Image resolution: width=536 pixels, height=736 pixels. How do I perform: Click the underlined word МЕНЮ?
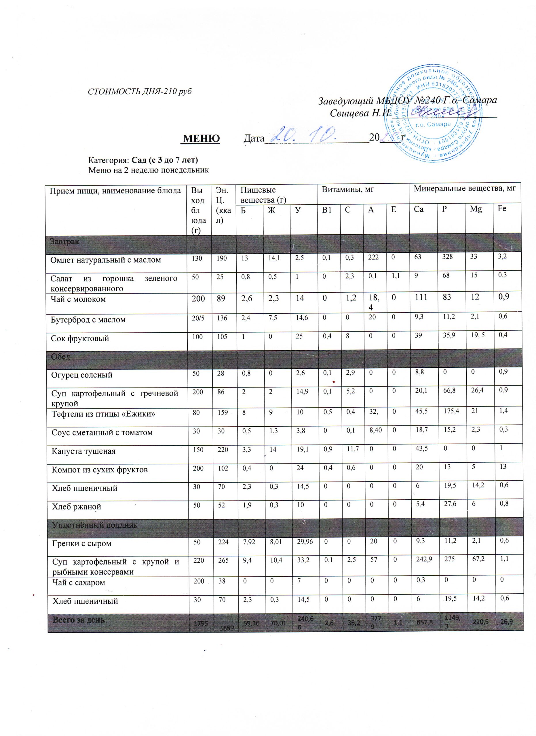202,139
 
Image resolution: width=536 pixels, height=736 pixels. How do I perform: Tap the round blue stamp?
432,114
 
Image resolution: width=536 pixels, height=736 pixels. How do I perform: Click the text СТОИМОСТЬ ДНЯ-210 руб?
140,91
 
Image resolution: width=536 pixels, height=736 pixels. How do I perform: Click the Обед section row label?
61,356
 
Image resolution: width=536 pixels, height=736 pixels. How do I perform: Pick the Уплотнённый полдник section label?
94,525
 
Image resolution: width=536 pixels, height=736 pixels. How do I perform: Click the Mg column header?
476,209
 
